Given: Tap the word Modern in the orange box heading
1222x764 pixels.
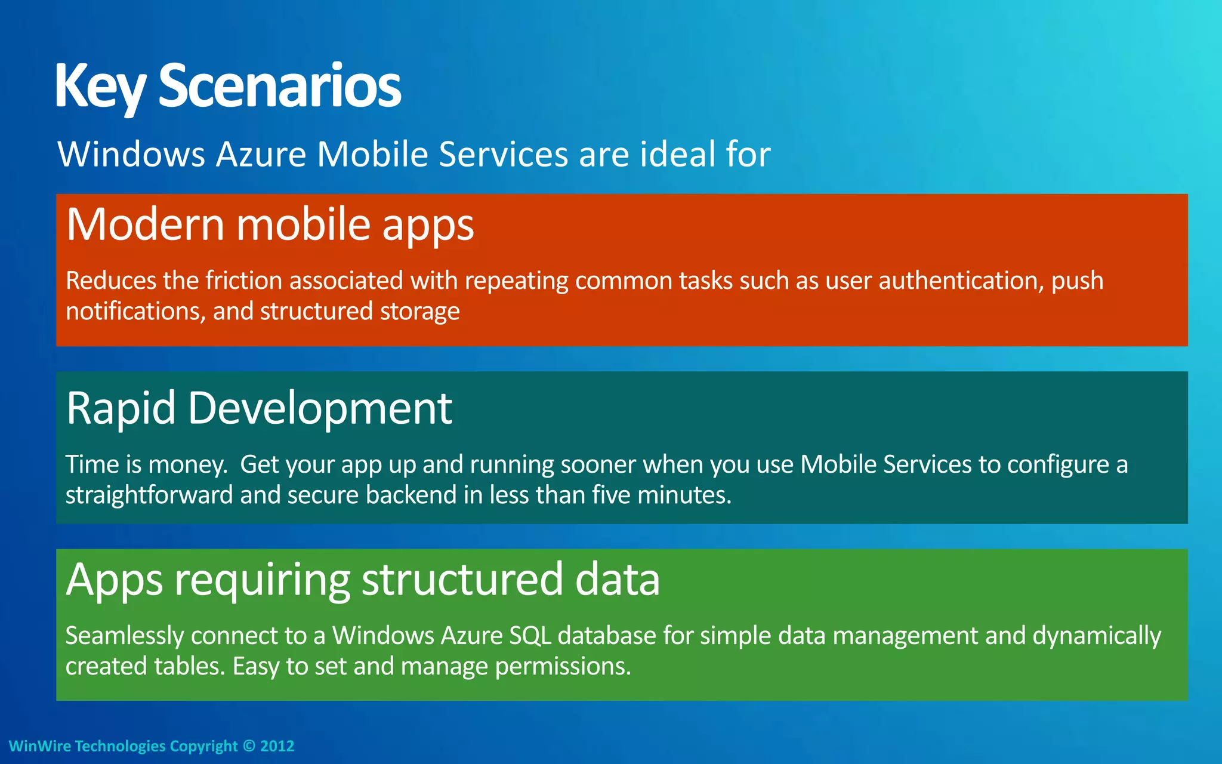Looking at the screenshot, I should point(146,224).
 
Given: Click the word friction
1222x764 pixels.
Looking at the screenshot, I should point(243,281).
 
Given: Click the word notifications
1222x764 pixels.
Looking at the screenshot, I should point(135,312).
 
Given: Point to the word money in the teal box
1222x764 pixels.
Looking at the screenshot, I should point(187,465).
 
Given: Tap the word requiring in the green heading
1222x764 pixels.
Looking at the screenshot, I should point(263,581).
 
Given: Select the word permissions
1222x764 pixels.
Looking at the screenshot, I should point(563,667).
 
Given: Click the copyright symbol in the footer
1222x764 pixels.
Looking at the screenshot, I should point(249,746).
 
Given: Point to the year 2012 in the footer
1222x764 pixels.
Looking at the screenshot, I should point(277,746).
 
